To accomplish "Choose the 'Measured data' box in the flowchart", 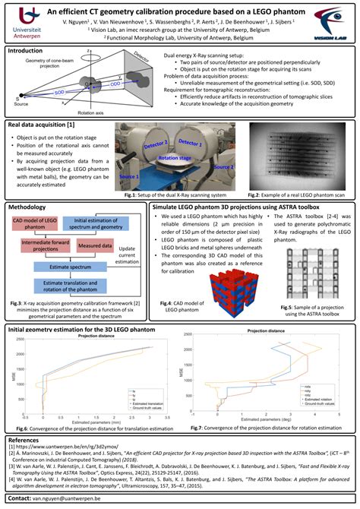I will pyautogui.click(x=96, y=245).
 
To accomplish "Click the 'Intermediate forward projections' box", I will pyautogui.click(x=39, y=246).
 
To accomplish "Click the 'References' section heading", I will pyautogui.click(x=25, y=440).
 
